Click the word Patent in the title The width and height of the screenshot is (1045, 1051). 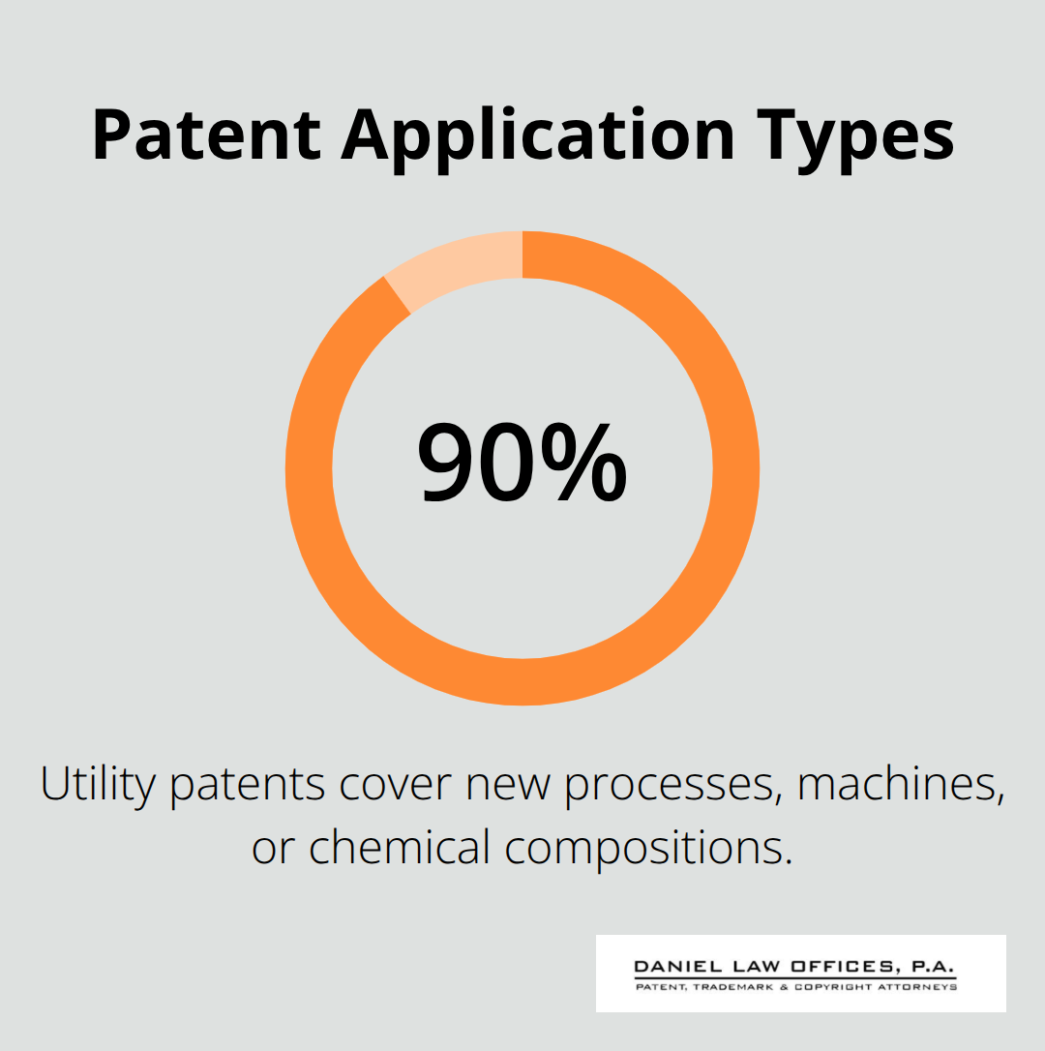tap(206, 135)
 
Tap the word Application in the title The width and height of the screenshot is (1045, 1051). tap(538, 140)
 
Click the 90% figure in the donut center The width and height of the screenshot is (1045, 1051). tap(522, 463)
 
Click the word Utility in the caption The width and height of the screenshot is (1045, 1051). tap(98, 784)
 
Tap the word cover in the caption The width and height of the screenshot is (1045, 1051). tap(396, 785)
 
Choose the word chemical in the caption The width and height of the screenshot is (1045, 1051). tap(400, 847)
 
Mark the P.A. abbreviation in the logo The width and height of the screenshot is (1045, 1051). tap(933, 967)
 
